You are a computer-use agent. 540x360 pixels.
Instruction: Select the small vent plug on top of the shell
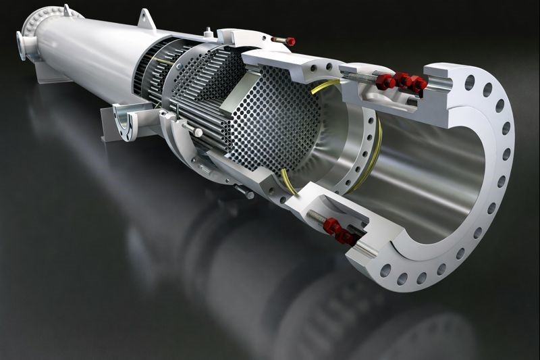209,31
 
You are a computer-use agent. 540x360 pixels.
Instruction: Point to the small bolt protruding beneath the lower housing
243,192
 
